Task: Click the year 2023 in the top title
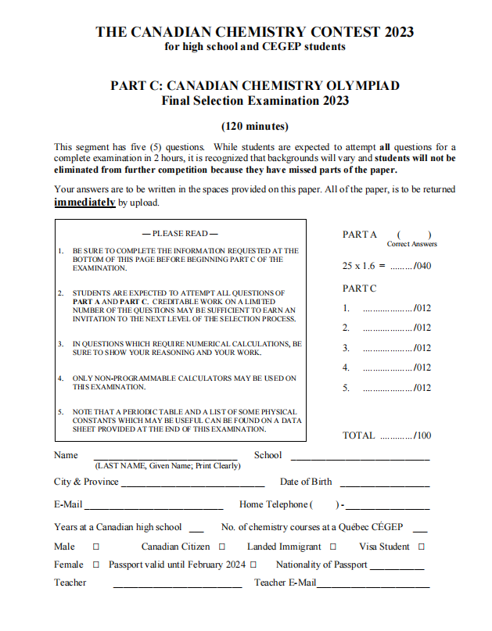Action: [x=399, y=32]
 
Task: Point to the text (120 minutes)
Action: [x=255, y=127]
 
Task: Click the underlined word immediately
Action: [x=84, y=203]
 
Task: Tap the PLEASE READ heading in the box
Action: [x=180, y=234]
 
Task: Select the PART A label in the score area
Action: [x=360, y=235]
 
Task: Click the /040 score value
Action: [x=422, y=266]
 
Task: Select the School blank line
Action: [x=360, y=457]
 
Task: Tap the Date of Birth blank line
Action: [x=384, y=483]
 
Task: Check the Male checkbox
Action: [x=96, y=547]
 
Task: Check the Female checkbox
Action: [x=96, y=565]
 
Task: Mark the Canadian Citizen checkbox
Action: [x=222, y=547]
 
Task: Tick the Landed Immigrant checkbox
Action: [x=333, y=547]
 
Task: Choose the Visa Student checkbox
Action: [x=422, y=547]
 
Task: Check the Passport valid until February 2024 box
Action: [x=253, y=565]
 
